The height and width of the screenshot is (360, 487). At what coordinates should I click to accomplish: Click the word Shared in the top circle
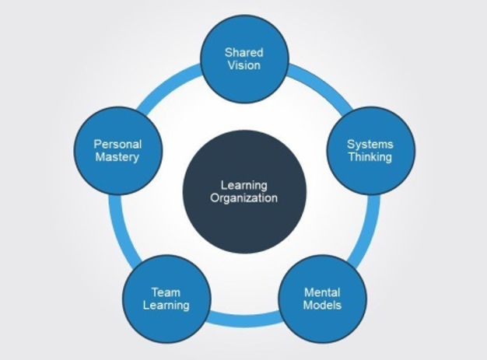tap(244, 52)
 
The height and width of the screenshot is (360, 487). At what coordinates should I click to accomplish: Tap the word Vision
tap(244, 65)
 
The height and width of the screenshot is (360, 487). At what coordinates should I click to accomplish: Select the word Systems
tap(370, 144)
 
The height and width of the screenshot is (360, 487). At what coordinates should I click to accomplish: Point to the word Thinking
tap(370, 157)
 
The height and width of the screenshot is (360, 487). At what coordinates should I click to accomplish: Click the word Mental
tap(322, 292)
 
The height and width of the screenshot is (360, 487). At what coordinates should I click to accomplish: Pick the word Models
tap(322, 306)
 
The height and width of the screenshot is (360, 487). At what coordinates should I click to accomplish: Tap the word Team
tap(166, 292)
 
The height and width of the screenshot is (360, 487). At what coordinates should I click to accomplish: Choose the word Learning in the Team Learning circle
tap(166, 306)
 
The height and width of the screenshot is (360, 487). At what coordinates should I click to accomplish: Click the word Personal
tap(117, 144)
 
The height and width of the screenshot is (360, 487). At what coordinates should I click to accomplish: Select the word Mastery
tap(117, 157)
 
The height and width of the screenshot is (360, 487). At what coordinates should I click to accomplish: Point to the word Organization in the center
tap(244, 198)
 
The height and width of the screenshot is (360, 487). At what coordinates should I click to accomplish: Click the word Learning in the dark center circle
tap(244, 185)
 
